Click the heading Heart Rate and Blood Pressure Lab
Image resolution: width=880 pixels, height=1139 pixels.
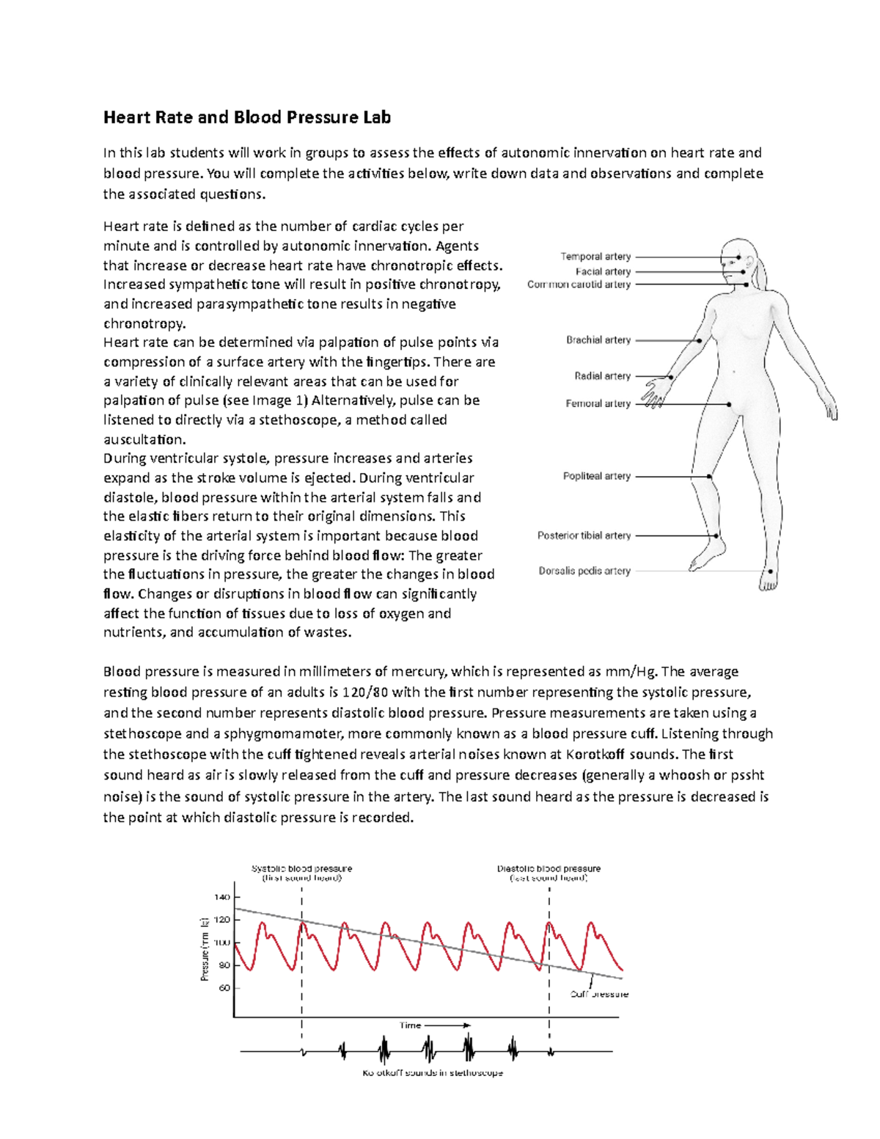click(246, 117)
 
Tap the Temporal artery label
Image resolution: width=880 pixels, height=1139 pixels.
click(595, 257)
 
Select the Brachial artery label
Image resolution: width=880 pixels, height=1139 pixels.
click(598, 340)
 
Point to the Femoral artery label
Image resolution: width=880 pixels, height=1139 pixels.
click(598, 403)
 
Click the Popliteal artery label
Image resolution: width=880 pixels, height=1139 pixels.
click(596, 476)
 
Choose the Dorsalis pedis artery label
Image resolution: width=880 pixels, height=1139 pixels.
click(584, 571)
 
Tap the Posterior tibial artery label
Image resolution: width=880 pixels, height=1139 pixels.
click(584, 535)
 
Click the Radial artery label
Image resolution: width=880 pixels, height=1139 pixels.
click(602, 376)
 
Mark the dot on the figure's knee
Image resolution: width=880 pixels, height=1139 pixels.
click(709, 477)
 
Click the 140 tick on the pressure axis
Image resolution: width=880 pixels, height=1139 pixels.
click(222, 897)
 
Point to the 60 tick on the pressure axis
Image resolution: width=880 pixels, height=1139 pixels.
click(224, 988)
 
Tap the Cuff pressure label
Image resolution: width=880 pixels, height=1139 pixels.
click(599, 995)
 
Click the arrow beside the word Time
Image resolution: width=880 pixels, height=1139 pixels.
click(447, 1025)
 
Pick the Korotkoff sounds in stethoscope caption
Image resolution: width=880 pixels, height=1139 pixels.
click(433, 1072)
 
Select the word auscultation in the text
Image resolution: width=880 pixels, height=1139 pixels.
click(144, 439)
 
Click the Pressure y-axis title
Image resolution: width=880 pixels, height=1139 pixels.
click(205, 949)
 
